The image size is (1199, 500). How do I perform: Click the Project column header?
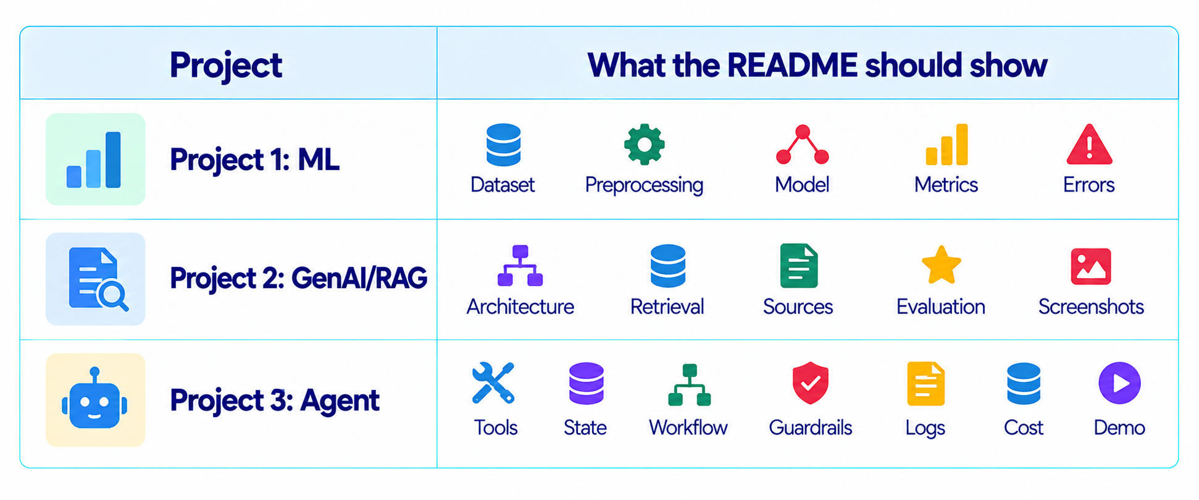[x=226, y=66]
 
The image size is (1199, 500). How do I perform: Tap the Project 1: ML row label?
[x=254, y=159]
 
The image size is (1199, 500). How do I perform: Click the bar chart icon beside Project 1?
[x=94, y=159]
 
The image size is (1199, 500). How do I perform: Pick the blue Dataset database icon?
[x=503, y=145]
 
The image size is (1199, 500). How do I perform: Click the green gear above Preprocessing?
[x=644, y=145]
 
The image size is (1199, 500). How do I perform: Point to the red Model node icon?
[x=802, y=145]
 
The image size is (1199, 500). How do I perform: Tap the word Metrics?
[x=946, y=185]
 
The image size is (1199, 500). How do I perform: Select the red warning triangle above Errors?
[x=1089, y=144]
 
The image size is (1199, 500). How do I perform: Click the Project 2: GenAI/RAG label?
[x=298, y=278]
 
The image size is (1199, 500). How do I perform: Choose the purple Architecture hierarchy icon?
[x=520, y=266]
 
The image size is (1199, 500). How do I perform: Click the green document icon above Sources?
[x=799, y=266]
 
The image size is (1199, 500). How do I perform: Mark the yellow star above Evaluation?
[x=941, y=265]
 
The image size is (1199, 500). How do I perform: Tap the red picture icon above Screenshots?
[x=1091, y=266]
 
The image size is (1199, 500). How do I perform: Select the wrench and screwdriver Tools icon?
[x=493, y=383]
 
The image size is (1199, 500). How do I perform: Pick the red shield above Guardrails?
[x=810, y=383]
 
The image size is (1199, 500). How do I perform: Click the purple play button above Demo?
[x=1119, y=383]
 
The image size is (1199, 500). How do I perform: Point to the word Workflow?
[x=688, y=428]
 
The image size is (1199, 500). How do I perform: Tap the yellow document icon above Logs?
[x=925, y=384]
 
